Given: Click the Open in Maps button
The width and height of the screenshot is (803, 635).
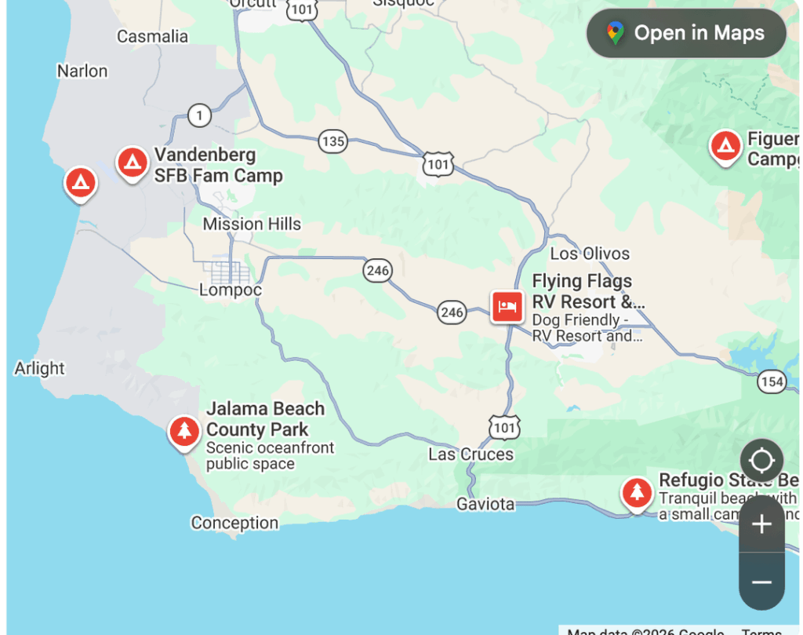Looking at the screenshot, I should pos(686,33).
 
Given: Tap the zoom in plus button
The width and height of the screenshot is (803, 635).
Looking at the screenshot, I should pos(761,524).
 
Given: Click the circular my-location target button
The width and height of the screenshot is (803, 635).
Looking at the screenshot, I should pos(761,459).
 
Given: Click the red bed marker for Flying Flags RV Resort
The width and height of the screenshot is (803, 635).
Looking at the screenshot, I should pos(507,306).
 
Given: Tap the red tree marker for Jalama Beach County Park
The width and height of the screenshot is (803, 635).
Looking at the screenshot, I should pos(184,432).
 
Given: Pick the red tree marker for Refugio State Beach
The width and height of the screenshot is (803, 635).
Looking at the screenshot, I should pos(637,493).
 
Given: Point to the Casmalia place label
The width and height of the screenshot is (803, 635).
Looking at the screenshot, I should pos(152,36).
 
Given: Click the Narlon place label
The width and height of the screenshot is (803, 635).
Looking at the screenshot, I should pos(82,71).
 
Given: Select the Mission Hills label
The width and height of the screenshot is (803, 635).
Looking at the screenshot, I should pos(252,224).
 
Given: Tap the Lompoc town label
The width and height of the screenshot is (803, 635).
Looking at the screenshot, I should pos(230,290).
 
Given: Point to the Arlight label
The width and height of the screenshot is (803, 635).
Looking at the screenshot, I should pos(39,368).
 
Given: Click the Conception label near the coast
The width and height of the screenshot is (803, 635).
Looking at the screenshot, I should pos(234,523).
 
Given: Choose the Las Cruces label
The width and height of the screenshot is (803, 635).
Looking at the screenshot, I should pos(471,454).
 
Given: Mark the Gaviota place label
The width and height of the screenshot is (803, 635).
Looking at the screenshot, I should pos(485,504).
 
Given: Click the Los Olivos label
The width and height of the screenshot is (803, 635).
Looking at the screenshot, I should pos(590,254).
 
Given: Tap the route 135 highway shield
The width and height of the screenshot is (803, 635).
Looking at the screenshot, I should pos(332,141).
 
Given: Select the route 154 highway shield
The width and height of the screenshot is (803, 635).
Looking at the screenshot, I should pos(772,381).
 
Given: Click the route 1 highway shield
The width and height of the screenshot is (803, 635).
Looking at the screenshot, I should pos(199,116).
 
